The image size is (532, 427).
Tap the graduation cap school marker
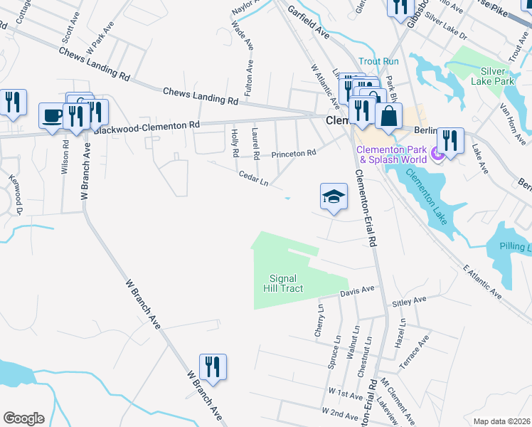[334, 197]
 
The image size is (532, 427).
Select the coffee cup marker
[52, 116]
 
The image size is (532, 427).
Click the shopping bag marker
[388, 116]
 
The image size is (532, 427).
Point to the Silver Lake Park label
[488, 76]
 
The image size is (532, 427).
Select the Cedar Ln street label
[253, 177]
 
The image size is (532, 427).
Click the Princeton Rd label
[292, 153]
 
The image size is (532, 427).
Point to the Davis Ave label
[357, 291]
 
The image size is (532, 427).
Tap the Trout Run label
[378, 61]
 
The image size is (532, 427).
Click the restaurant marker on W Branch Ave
[213, 367]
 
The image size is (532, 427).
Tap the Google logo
[24, 418]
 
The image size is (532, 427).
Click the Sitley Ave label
[408, 302]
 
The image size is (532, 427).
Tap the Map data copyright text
[501, 421]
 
